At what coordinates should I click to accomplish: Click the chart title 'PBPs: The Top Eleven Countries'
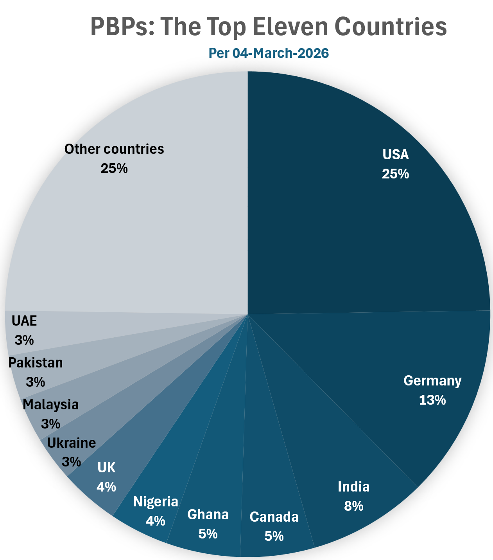(x=269, y=27)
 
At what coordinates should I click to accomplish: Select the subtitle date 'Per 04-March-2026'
(x=269, y=53)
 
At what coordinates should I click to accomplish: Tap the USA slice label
(x=396, y=155)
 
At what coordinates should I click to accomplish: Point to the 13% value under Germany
(x=432, y=400)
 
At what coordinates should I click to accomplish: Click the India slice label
(x=353, y=487)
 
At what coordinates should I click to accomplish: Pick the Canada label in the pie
(x=274, y=517)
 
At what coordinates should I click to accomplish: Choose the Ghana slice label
(x=208, y=515)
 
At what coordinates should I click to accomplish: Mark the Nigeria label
(x=156, y=502)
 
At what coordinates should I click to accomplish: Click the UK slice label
(x=106, y=467)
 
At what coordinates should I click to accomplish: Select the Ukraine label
(x=72, y=443)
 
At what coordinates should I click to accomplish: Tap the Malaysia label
(x=51, y=405)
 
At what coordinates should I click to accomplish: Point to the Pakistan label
(x=36, y=363)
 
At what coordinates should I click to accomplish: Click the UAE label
(x=24, y=321)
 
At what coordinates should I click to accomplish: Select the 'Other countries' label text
(x=114, y=149)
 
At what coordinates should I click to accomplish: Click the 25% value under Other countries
(x=114, y=168)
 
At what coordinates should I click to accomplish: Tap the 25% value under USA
(x=396, y=174)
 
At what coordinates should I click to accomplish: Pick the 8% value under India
(x=353, y=506)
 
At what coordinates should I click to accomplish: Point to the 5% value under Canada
(x=274, y=536)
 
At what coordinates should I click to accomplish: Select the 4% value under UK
(x=106, y=487)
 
